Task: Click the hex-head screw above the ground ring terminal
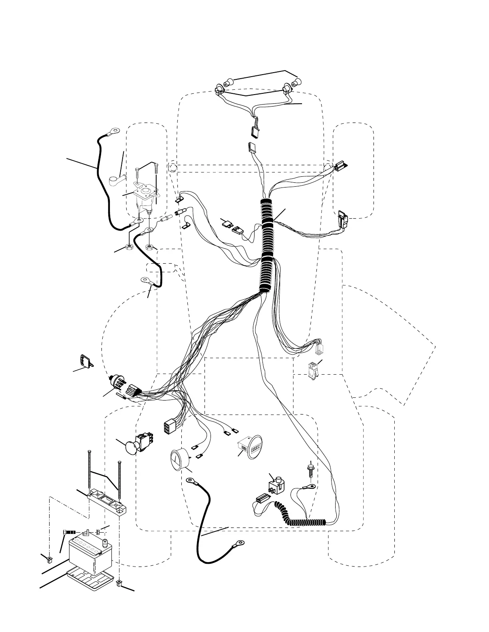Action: (310, 468)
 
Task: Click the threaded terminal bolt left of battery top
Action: (70, 533)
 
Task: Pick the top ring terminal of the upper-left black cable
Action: (115, 130)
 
